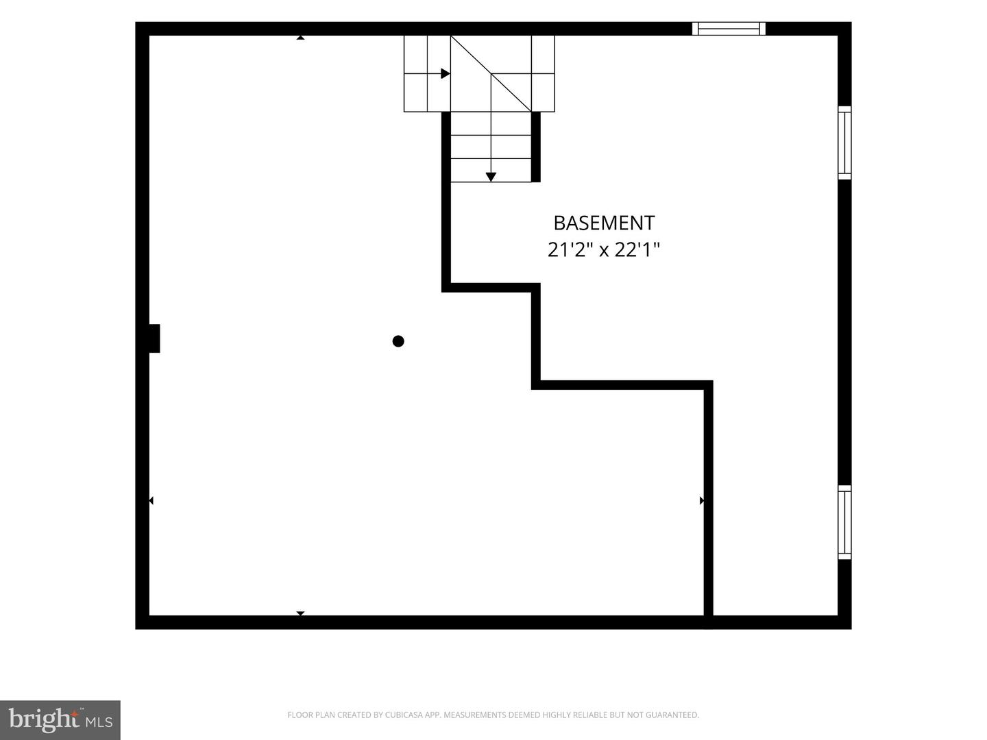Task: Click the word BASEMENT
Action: click(604, 223)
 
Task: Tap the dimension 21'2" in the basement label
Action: click(568, 249)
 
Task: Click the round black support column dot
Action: click(398, 341)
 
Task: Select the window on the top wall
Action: click(729, 29)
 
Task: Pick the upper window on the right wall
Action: click(844, 143)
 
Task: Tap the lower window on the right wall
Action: click(844, 522)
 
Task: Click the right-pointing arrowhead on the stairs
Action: click(445, 74)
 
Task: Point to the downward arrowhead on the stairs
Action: click(491, 177)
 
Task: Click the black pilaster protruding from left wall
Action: click(154, 338)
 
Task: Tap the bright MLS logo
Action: click(60, 720)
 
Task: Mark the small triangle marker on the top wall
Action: click(300, 38)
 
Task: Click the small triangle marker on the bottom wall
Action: click(300, 613)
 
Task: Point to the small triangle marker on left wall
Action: click(151, 500)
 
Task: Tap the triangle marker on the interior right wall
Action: click(701, 500)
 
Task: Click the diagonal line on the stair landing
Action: click(491, 74)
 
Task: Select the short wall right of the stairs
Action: click(536, 147)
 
